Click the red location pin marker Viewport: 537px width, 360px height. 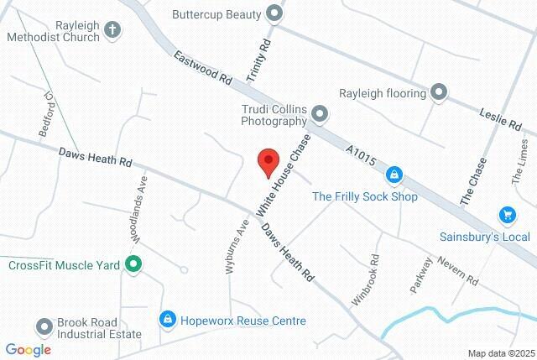click(267, 162)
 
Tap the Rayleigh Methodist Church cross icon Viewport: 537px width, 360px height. click(113, 31)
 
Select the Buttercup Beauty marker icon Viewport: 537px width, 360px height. click(274, 13)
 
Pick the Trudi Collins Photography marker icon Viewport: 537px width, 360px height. click(320, 113)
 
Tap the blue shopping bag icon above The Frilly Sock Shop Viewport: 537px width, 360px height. click(394, 175)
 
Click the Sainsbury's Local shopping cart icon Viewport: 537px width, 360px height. click(507, 216)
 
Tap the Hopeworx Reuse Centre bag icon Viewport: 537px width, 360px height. click(168, 320)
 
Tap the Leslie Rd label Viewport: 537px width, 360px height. click(500, 117)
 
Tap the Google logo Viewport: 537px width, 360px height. click(28, 350)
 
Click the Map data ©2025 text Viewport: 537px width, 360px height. click(501, 353)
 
